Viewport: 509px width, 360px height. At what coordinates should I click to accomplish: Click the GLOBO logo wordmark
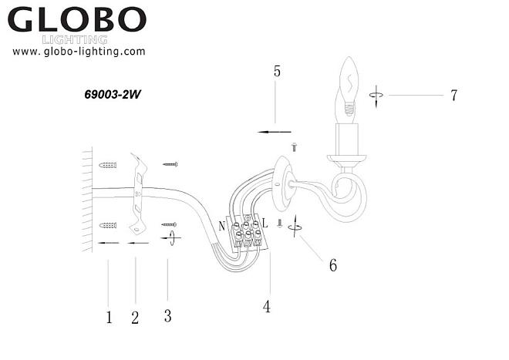click(77, 19)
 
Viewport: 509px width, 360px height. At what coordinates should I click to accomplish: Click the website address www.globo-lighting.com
click(79, 52)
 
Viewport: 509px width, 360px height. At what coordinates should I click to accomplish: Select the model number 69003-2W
click(113, 95)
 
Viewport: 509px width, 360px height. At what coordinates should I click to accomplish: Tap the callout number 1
click(109, 317)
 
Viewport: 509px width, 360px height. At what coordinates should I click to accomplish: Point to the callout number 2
click(135, 317)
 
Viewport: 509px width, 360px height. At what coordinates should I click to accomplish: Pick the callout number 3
click(167, 315)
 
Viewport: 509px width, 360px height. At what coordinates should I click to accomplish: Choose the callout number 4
click(267, 307)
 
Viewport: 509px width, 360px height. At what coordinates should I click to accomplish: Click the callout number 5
click(277, 71)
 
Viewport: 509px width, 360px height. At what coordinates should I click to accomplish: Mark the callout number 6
click(333, 265)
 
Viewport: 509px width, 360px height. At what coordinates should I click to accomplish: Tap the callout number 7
click(453, 95)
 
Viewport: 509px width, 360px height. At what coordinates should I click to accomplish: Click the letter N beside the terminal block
click(222, 226)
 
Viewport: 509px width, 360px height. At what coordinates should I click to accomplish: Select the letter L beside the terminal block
click(265, 224)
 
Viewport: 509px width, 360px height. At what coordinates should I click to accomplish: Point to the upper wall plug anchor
click(108, 165)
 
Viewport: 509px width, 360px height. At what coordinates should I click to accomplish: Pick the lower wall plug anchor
click(108, 225)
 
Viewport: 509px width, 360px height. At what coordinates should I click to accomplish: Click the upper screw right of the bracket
click(170, 164)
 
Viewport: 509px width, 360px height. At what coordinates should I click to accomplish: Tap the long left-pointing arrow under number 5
click(275, 132)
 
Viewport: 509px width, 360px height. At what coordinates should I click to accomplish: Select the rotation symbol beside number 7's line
click(376, 96)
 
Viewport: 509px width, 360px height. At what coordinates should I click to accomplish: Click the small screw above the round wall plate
click(295, 147)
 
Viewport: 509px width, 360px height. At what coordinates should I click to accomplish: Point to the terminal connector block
click(248, 233)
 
